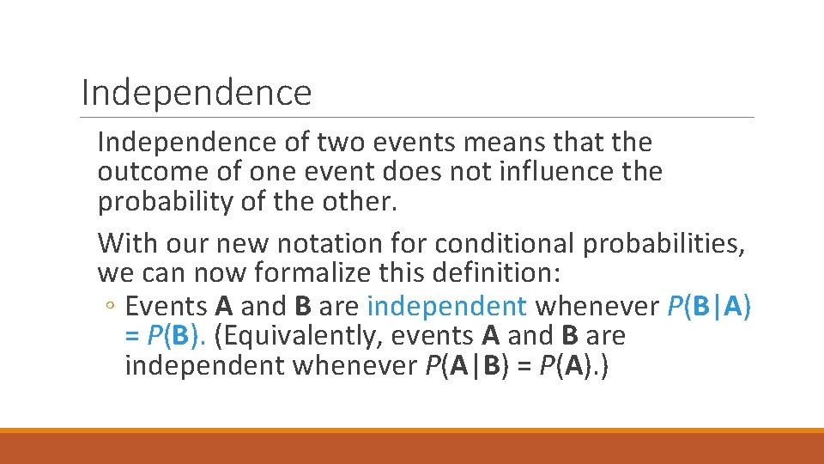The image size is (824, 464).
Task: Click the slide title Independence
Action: click(x=196, y=92)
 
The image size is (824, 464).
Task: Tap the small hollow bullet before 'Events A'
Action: click(x=112, y=306)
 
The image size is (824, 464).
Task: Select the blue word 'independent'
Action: click(x=446, y=305)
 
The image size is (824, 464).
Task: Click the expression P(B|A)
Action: click(x=707, y=305)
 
